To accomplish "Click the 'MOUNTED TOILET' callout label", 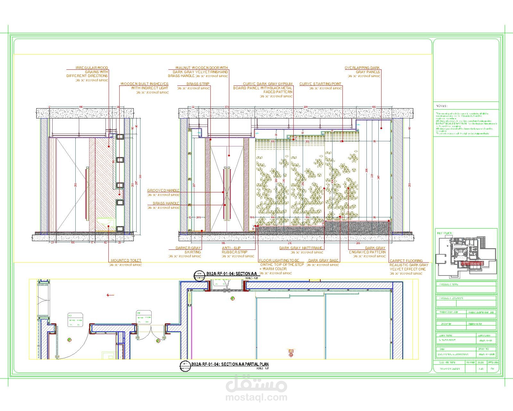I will point(126,260).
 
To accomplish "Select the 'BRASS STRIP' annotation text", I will point(198,84).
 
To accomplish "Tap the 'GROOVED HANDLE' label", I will point(163,190).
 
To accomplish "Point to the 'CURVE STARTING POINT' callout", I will point(320,84).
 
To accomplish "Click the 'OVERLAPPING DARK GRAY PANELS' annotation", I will point(362,70).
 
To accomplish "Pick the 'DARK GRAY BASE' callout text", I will point(323,260).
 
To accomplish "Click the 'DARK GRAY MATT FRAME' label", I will point(301,248).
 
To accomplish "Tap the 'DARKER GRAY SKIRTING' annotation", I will point(188,250).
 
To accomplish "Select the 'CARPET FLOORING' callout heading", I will point(406,261).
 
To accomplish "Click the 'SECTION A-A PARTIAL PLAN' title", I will point(230,364).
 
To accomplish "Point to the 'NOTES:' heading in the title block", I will point(442,106).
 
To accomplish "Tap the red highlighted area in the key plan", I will point(471,263).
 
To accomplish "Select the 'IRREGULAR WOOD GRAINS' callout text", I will point(87,72).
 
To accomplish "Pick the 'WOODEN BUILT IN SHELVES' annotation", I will point(144,86).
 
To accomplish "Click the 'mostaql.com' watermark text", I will point(256,398).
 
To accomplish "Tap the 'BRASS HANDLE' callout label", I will point(166,203).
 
